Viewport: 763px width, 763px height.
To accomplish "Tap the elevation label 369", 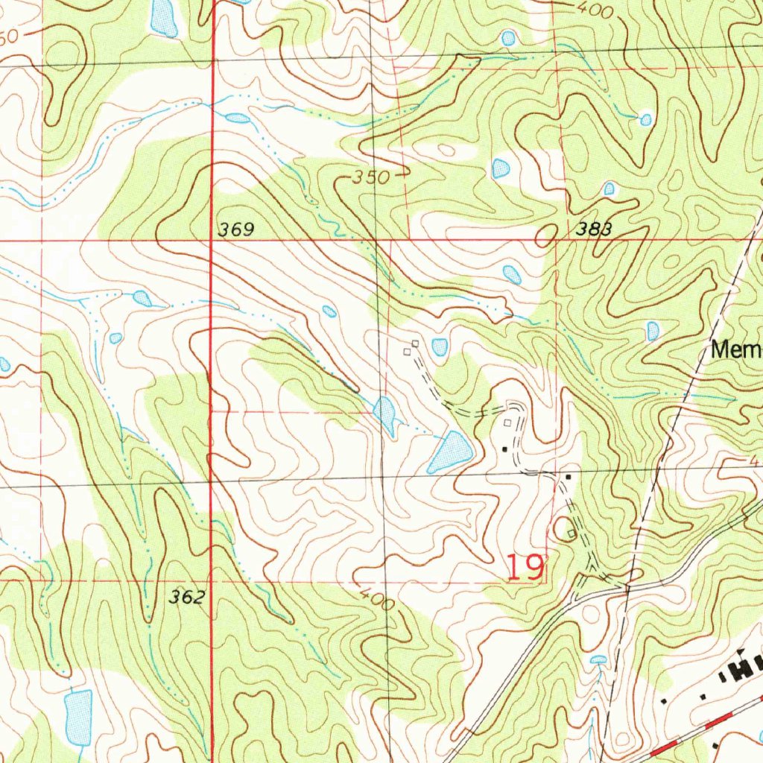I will (x=236, y=230).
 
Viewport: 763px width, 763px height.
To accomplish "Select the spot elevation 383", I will (x=594, y=229).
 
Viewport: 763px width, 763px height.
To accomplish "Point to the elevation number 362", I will (x=186, y=597).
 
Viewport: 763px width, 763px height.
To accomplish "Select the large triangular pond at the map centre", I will (x=450, y=452).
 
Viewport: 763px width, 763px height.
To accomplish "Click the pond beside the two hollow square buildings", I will (x=440, y=346).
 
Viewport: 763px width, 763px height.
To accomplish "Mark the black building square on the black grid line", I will (x=569, y=476).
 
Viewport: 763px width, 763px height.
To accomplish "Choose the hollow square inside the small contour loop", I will (x=571, y=532).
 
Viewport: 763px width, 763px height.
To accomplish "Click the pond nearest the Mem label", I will (x=653, y=331).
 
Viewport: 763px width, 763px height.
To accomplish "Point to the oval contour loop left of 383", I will (x=545, y=235).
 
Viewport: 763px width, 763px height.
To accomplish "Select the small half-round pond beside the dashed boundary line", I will (x=598, y=659).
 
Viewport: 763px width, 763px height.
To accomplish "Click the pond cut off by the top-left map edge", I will (x=163, y=18).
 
